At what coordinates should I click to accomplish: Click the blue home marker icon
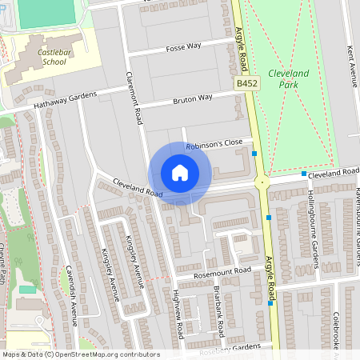point(180,173)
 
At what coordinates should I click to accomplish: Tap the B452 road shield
point(247,82)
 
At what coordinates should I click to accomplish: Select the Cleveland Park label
point(288,78)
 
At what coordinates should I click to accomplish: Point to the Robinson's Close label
point(214,144)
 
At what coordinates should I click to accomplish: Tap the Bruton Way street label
point(193,99)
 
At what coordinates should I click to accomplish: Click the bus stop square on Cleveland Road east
point(304,174)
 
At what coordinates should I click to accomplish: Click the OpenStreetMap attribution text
point(81,354)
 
